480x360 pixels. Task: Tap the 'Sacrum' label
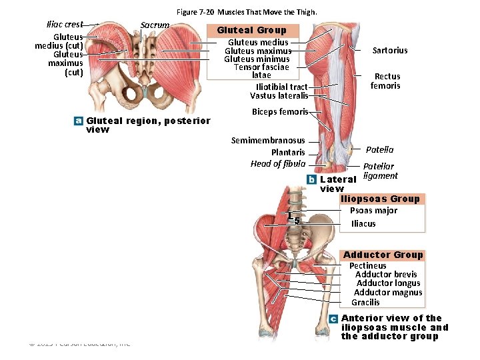tap(155, 25)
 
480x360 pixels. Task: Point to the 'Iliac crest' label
tap(65, 25)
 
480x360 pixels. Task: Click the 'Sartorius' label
tap(390, 51)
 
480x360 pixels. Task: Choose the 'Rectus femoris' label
tap(385, 81)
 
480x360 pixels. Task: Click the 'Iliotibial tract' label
tap(281, 87)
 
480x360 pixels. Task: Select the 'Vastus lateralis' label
tap(279, 96)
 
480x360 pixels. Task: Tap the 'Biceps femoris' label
tap(279, 112)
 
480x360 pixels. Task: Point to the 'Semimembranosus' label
tap(268, 141)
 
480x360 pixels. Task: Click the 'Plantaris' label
tap(288, 153)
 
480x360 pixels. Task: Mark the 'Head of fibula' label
tap(278, 164)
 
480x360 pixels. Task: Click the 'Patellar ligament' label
tap(379, 171)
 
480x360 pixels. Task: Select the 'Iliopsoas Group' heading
tap(380, 199)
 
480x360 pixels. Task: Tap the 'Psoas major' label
tap(373, 211)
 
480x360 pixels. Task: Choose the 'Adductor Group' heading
tap(383, 255)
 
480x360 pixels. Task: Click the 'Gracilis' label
tap(365, 303)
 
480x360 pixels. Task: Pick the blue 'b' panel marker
tap(311, 179)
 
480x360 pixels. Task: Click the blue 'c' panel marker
tap(333, 319)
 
